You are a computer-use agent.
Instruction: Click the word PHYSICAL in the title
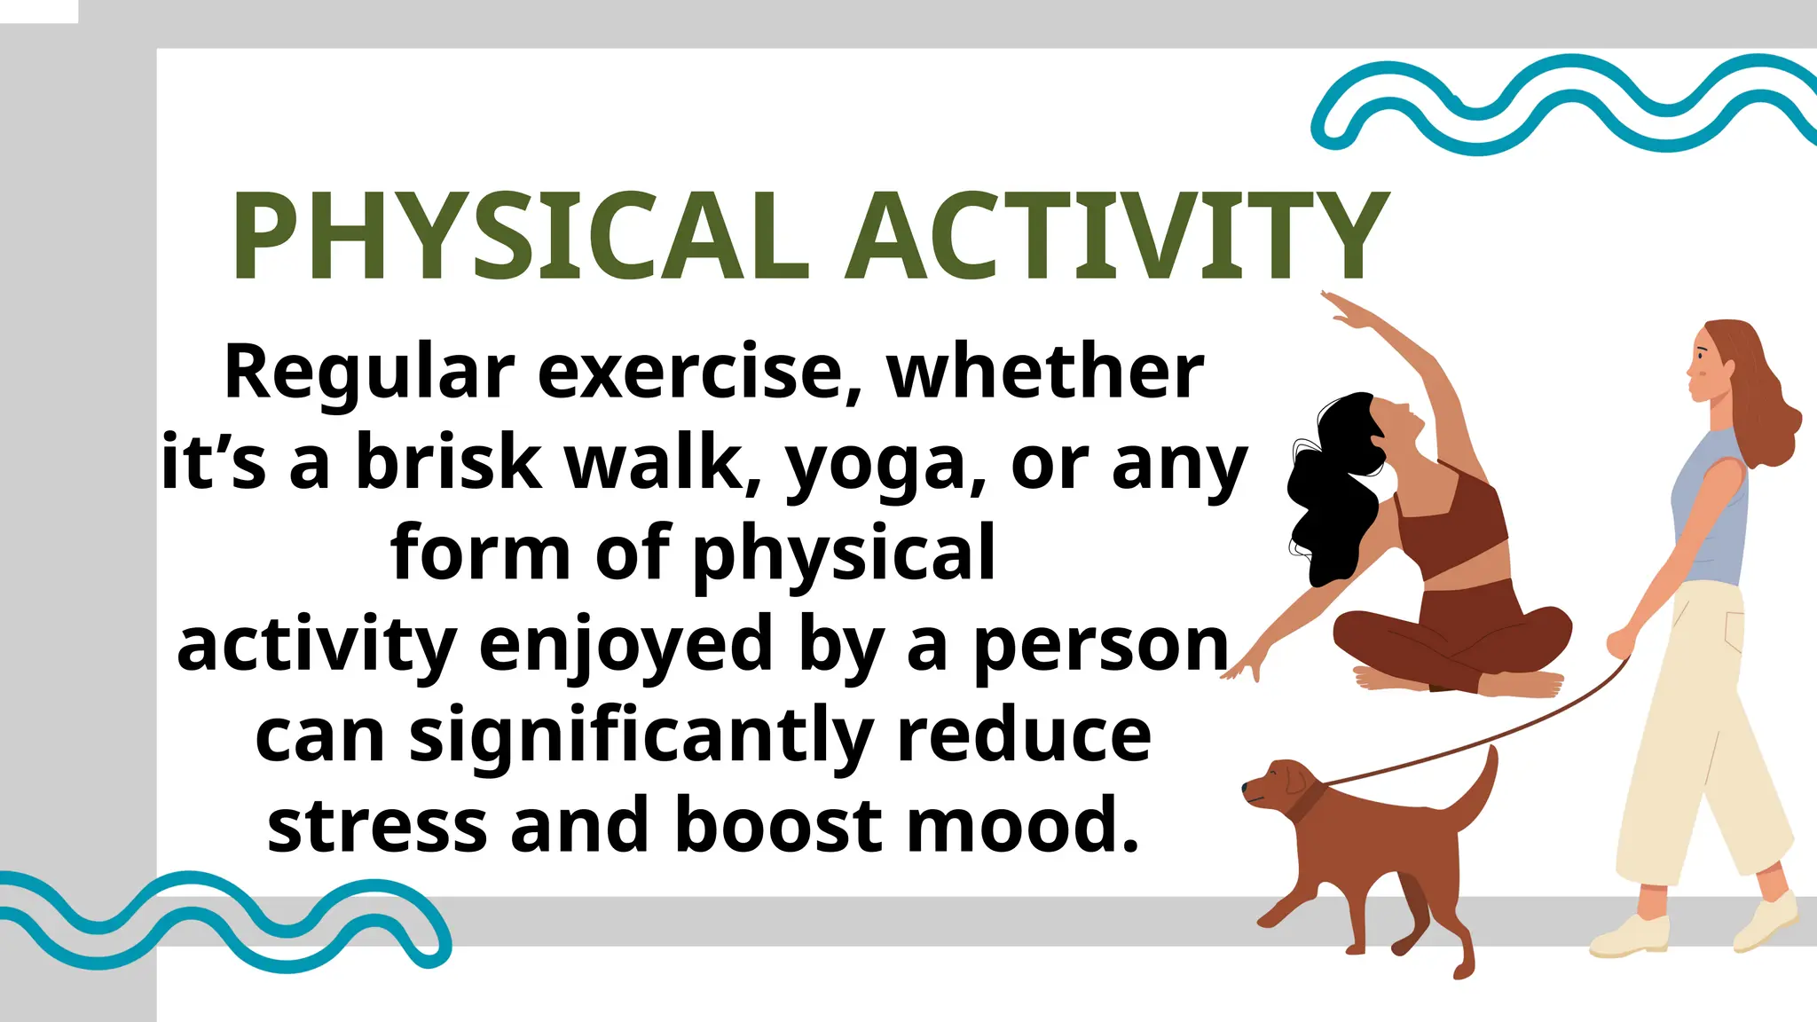coord(519,238)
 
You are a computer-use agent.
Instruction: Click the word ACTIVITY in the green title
coord(1116,238)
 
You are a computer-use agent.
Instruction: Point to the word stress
coord(377,825)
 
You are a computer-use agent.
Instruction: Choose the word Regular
coord(369,373)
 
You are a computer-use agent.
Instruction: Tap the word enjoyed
coord(625,646)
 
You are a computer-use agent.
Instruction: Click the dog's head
coord(1278,786)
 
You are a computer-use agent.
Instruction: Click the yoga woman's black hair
coord(1331,497)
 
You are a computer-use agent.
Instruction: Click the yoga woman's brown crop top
coord(1451,523)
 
